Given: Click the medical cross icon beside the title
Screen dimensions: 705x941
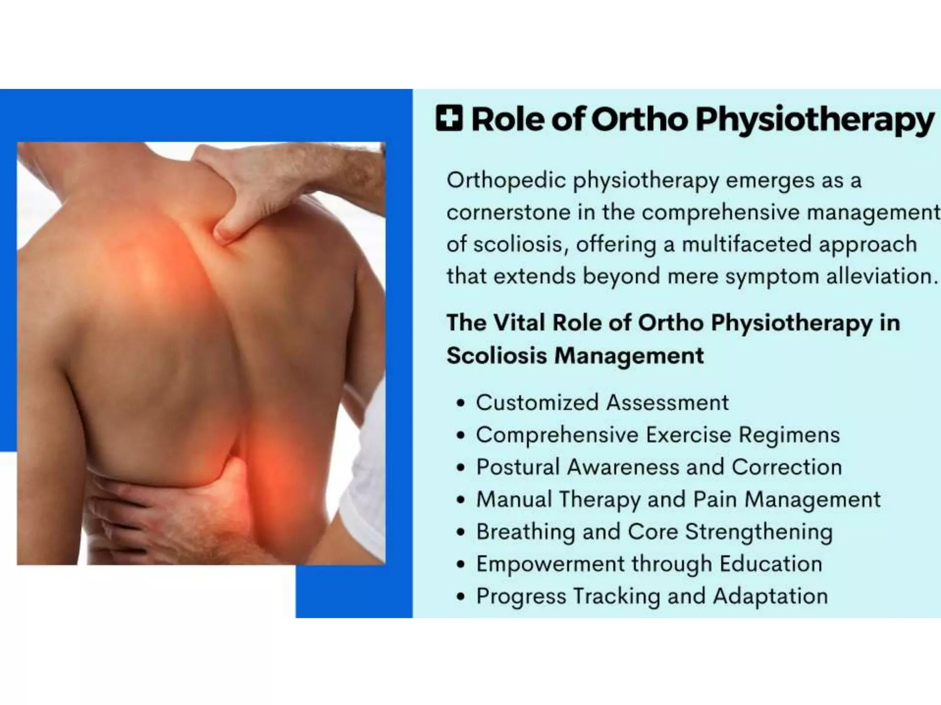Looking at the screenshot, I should [x=449, y=118].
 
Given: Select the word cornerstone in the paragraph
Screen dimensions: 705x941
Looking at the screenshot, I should [x=508, y=213].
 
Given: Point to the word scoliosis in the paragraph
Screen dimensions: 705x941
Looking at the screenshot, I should [x=518, y=244].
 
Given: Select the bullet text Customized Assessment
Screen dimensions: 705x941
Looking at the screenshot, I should [x=602, y=403].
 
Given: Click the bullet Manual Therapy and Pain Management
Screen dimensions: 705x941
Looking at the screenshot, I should [x=678, y=500].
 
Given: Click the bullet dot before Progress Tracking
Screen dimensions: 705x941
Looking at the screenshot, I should [x=461, y=597].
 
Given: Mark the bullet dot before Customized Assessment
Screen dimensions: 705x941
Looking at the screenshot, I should [x=461, y=403].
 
